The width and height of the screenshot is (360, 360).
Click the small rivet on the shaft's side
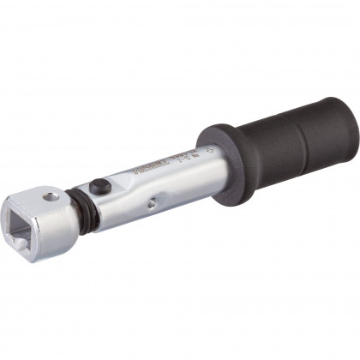point(152,204)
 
